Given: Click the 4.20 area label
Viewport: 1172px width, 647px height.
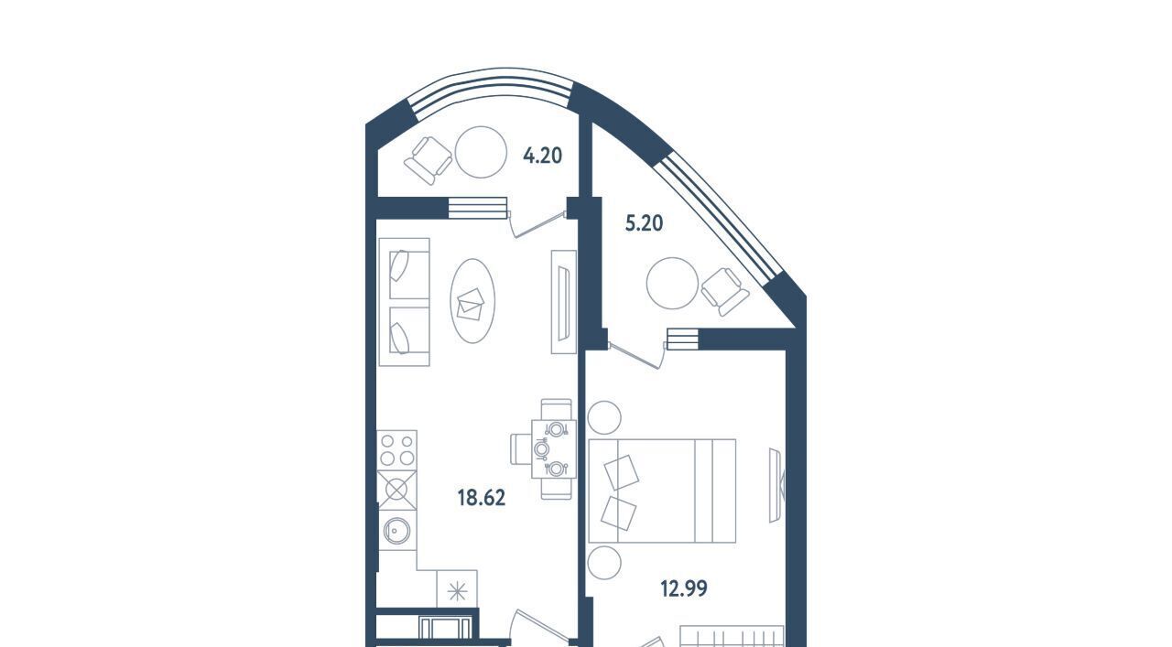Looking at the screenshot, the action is tap(543, 156).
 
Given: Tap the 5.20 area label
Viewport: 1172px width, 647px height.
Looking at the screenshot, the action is tap(644, 223).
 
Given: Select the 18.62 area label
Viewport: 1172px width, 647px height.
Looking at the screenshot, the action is tap(482, 498).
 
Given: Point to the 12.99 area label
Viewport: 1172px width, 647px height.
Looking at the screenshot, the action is tap(684, 588).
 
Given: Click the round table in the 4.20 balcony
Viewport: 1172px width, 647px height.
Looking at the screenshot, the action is tap(481, 152).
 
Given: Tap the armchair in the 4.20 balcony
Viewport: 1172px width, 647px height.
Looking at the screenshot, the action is tap(428, 160).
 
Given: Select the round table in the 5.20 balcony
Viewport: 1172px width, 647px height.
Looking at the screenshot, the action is tap(672, 283).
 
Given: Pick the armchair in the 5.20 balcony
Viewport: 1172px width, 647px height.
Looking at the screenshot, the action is tap(725, 291).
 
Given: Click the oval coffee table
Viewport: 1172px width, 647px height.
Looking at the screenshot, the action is tap(472, 301).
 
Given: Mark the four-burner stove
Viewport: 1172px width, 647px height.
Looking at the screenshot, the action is tap(397, 450).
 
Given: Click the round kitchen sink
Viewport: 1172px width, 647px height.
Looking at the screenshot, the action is tap(397, 531).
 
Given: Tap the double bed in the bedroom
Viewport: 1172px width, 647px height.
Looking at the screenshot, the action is tap(662, 491).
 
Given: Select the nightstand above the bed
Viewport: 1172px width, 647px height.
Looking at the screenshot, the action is tap(604, 417).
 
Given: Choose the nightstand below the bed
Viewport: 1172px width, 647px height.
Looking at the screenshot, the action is tap(604, 564).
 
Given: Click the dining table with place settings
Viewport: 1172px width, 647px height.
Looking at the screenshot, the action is tap(554, 448).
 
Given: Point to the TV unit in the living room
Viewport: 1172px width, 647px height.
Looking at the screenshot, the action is tap(563, 302).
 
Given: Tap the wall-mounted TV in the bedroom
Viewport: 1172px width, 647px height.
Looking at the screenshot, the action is tap(777, 485).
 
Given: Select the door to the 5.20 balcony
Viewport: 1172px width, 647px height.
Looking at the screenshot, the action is tap(637, 356).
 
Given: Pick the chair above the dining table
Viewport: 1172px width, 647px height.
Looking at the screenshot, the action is tap(556, 409).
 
